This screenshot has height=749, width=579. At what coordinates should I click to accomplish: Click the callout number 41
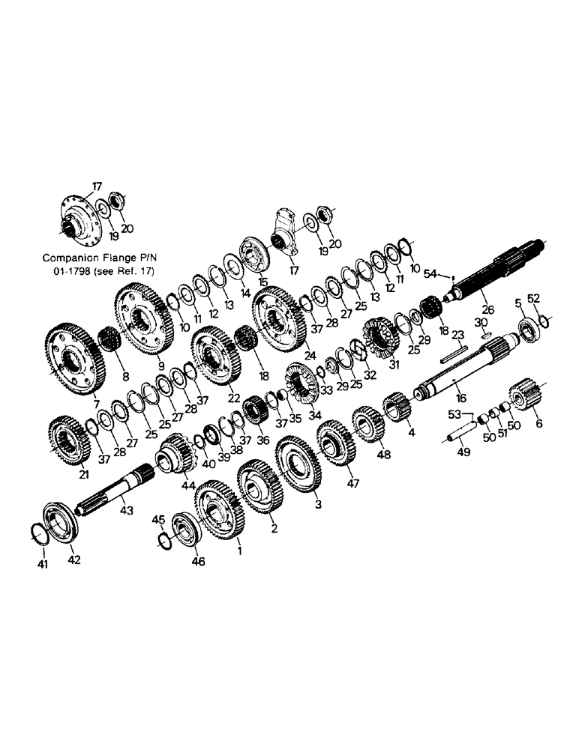tap(43, 564)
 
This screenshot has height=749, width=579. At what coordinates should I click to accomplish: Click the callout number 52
tap(534, 298)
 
